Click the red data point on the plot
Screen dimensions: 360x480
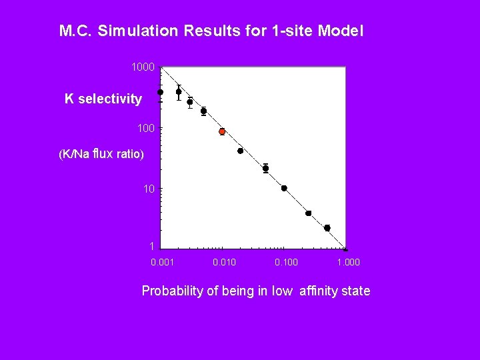tap(222, 131)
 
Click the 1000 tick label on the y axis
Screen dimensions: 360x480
tap(143, 67)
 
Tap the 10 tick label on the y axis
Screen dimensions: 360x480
tap(149, 189)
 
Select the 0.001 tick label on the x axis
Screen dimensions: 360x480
tap(163, 262)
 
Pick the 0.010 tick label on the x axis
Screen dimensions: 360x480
tap(224, 262)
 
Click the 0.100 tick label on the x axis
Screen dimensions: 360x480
tap(286, 262)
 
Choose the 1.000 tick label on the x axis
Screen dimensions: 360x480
tap(348, 262)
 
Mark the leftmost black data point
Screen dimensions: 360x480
tap(161, 92)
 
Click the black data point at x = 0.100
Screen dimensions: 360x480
tap(284, 188)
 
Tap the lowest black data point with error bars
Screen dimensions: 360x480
tap(327, 228)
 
